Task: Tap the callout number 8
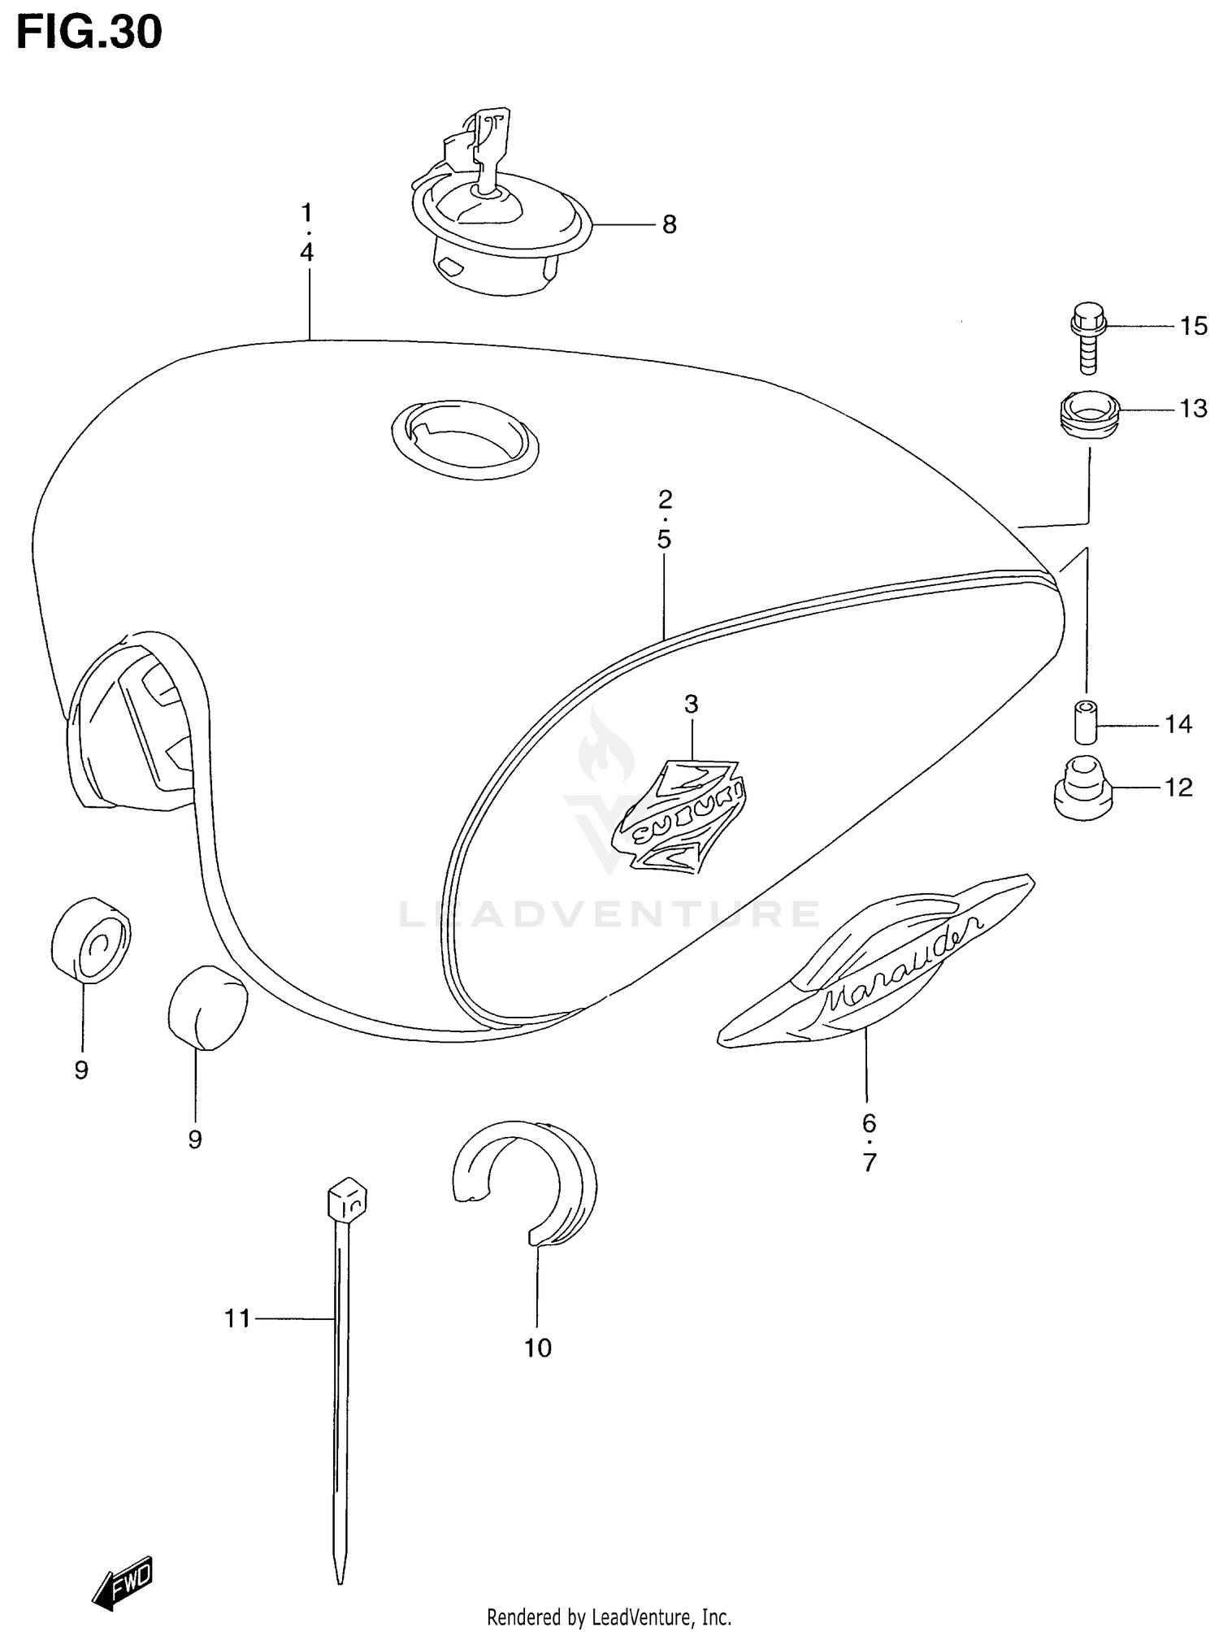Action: click(669, 224)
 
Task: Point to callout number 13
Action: click(1192, 408)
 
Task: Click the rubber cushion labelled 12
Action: click(1082, 788)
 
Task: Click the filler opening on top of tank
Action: click(464, 438)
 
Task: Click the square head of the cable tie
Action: click(347, 1200)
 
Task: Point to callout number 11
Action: click(237, 1317)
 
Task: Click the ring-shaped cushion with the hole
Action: click(90, 940)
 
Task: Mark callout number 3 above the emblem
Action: click(691, 704)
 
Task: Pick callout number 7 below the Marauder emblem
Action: click(869, 1163)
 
